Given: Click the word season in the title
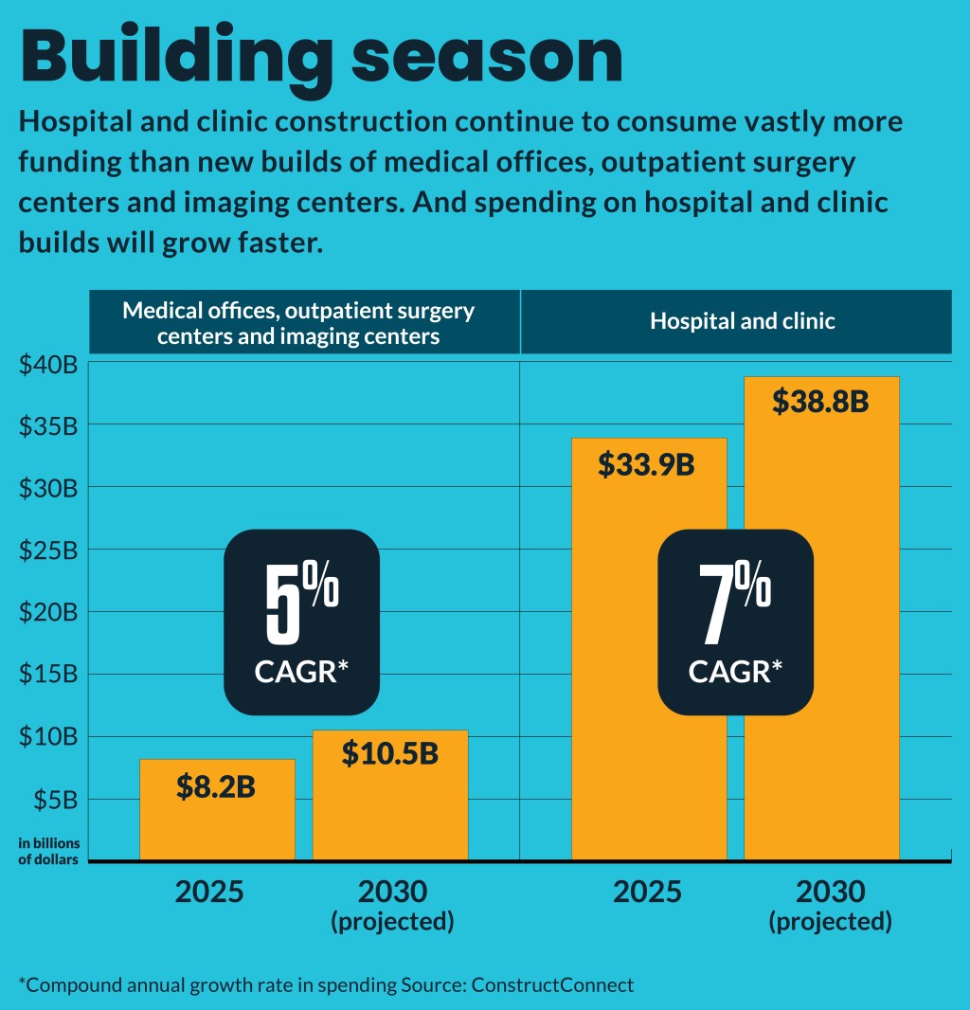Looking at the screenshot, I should [x=487, y=59].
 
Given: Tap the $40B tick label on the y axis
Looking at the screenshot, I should [x=47, y=364].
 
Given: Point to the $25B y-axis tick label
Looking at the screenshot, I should [x=47, y=550].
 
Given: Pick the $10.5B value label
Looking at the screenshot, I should [x=389, y=753].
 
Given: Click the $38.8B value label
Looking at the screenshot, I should [x=820, y=402].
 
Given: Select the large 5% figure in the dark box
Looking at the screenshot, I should [x=301, y=602].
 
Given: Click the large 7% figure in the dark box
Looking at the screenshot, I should [x=735, y=602].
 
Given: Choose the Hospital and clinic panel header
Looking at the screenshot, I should [x=743, y=321].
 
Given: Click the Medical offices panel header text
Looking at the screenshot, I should [x=298, y=323].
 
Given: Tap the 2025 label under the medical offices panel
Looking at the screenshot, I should [x=209, y=893].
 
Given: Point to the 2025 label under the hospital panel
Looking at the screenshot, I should [x=647, y=893].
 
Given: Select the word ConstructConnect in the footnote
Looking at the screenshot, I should [x=550, y=984].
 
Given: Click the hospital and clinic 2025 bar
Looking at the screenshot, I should [x=649, y=663].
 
